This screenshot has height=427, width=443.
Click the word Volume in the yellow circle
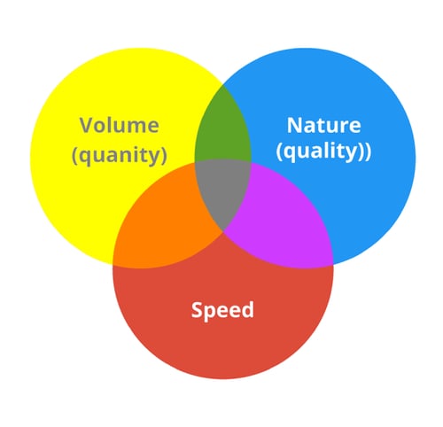point(120,125)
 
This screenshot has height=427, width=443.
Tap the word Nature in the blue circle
point(323,125)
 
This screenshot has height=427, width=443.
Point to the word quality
point(322,152)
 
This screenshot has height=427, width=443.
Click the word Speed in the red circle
point(222,310)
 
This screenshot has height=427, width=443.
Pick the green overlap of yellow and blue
point(223,130)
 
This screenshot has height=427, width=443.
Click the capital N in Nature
point(293,125)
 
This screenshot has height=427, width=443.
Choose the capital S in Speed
point(197,309)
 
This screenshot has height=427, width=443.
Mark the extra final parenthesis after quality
point(369,151)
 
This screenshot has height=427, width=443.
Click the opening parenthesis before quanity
point(75,156)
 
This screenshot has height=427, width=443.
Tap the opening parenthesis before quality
point(279,151)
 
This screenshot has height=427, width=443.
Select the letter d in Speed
point(247,309)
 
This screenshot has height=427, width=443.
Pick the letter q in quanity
point(86,158)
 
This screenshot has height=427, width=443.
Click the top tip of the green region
point(223,85)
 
